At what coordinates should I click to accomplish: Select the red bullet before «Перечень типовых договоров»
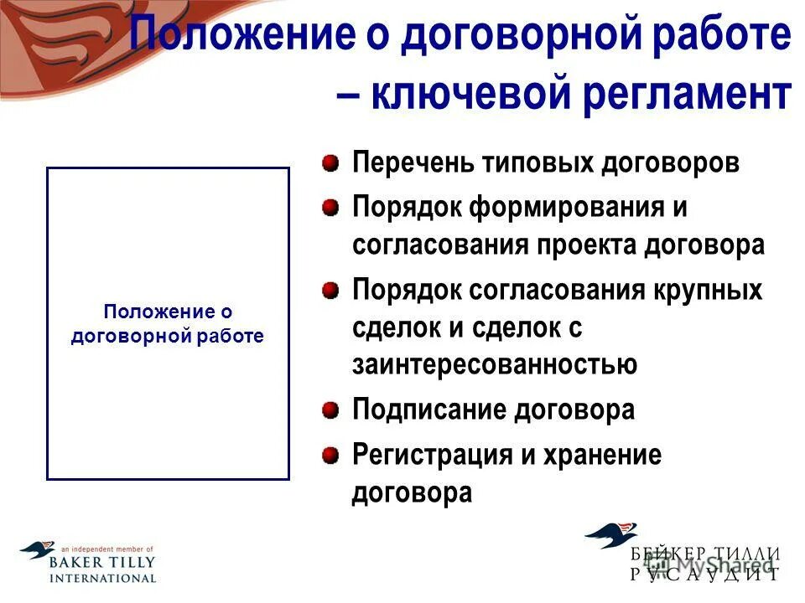click(x=332, y=161)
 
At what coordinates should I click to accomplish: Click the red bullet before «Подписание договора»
click(x=332, y=410)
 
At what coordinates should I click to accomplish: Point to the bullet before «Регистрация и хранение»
click(x=332, y=455)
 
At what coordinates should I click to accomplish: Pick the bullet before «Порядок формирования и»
click(x=332, y=206)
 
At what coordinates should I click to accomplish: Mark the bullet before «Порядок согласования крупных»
click(x=332, y=290)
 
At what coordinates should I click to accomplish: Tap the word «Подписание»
click(x=421, y=410)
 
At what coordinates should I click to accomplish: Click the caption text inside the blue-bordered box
click(x=167, y=324)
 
